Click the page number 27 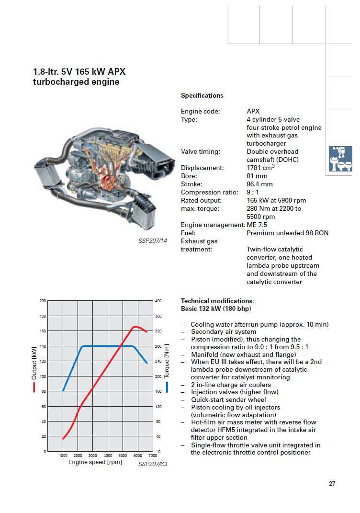332,483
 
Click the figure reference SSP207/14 153,241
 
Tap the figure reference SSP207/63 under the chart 153,464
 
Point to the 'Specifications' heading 202,95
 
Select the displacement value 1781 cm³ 260,168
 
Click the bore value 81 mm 257,176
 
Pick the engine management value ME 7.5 257,225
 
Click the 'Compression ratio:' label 209,192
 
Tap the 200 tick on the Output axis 43,301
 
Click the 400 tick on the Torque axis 158,301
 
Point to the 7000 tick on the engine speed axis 152,456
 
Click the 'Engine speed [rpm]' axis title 95,462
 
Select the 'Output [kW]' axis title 34,364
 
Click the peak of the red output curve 136,327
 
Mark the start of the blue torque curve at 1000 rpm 63,390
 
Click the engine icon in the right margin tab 341,160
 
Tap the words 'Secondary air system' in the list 224,331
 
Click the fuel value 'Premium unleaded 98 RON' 287,233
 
